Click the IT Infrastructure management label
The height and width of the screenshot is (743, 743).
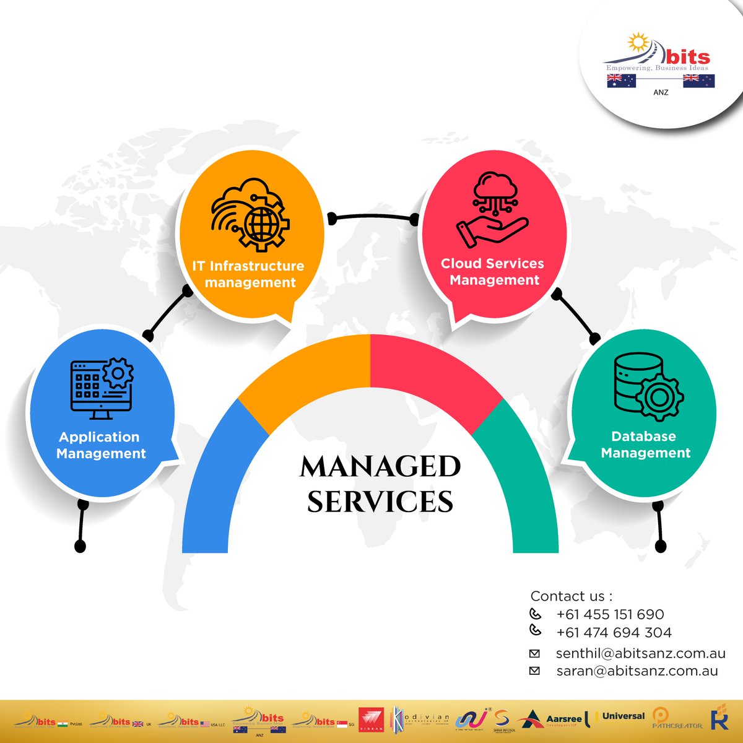[248, 274]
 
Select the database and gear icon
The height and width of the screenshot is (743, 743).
[648, 386]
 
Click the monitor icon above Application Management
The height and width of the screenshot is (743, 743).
[101, 388]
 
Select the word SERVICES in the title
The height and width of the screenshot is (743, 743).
[380, 502]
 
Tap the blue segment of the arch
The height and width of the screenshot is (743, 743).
[214, 483]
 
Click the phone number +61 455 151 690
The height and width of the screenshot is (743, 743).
[610, 614]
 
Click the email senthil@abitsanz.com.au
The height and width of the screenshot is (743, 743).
[640, 653]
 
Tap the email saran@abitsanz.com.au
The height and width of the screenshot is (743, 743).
[637, 671]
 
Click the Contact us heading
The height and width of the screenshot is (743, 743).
[571, 596]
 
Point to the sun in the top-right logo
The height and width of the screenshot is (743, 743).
[638, 43]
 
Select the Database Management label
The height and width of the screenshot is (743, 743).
[645, 445]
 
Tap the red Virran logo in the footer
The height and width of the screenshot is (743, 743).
[371, 720]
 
